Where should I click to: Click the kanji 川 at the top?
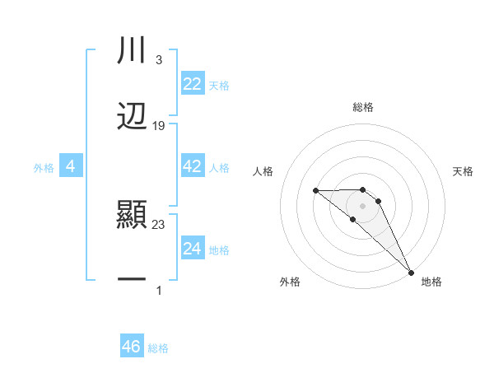tap(132, 50)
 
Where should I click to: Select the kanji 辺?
tap(132, 116)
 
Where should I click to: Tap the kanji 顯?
tap(132, 216)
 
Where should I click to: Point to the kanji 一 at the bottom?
tap(132, 281)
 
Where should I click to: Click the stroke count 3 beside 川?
tap(158, 60)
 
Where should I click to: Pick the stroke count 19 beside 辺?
tap(159, 126)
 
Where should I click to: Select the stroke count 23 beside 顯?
tap(159, 224)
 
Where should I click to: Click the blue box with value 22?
tap(192, 84)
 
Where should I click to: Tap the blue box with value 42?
tap(192, 166)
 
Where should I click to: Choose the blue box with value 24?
tap(192, 249)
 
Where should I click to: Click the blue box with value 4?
tap(71, 166)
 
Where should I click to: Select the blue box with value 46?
tap(131, 347)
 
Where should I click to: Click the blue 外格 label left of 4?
tap(44, 167)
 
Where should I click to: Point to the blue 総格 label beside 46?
tap(158, 347)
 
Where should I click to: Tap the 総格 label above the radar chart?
tap(363, 107)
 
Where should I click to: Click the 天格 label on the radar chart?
tap(463, 171)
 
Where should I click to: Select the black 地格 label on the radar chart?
tap(431, 282)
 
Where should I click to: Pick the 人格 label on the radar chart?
tap(263, 171)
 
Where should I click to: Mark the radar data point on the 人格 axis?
tap(316, 191)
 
